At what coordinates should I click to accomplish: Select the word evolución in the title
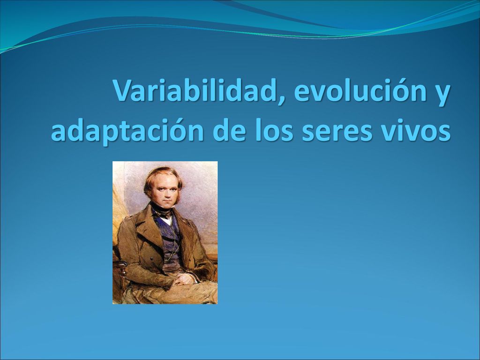click(x=360, y=90)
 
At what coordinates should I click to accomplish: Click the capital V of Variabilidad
click(x=124, y=91)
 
